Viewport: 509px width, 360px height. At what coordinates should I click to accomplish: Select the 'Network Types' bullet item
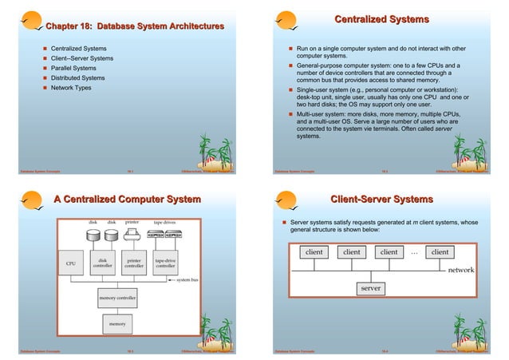[73, 88]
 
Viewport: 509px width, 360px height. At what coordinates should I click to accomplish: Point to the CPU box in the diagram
[71, 262]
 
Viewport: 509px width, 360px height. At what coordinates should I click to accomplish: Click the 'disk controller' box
[103, 262]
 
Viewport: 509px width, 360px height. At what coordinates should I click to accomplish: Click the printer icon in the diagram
[134, 234]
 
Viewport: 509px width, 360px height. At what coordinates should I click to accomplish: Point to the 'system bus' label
[187, 280]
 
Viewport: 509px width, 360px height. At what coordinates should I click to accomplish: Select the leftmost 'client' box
[314, 253]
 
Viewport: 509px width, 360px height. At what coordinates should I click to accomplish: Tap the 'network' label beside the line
[460, 271]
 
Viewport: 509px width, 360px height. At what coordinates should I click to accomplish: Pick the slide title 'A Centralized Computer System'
[126, 199]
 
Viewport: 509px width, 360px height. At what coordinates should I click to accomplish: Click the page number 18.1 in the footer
[130, 171]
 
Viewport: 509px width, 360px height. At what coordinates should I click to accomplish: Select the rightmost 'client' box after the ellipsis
[439, 253]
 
